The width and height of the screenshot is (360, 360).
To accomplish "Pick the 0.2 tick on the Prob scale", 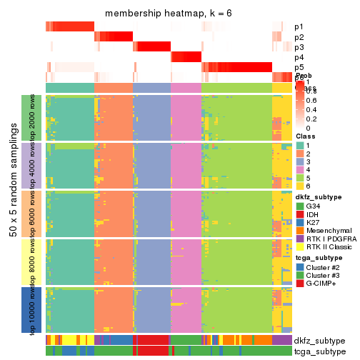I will click(313, 119).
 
